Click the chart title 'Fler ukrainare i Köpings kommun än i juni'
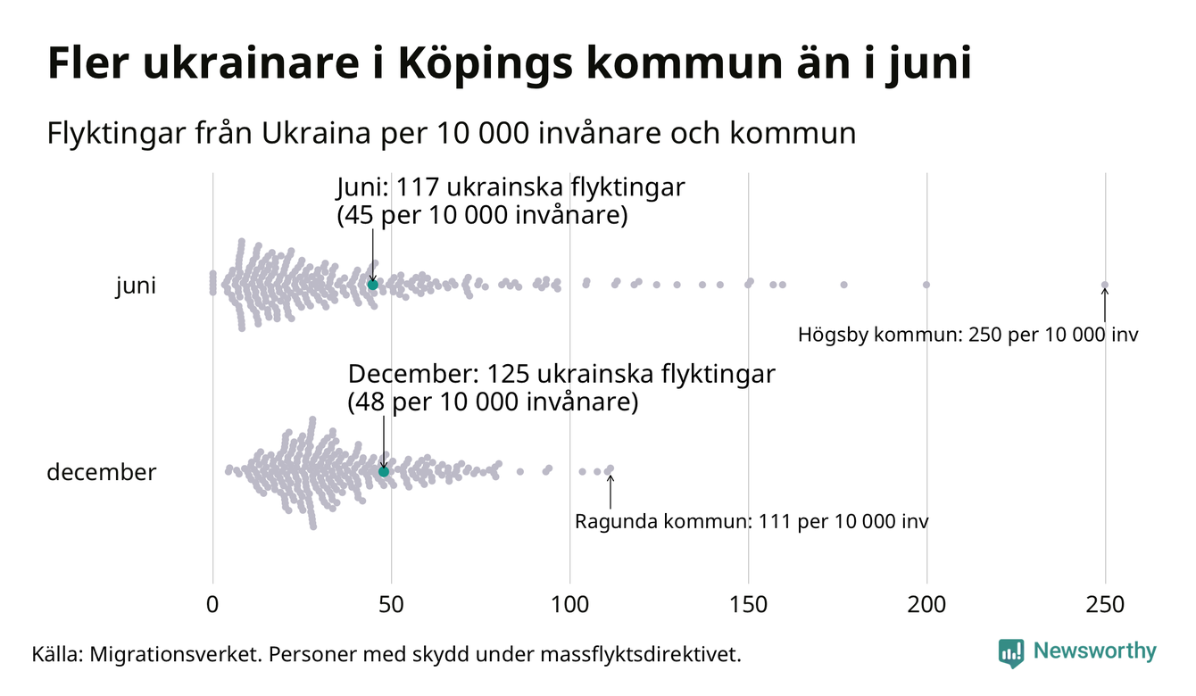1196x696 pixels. coord(509,64)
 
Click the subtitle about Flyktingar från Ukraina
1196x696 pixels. coord(451,134)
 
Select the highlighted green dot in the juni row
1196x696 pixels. coord(373,285)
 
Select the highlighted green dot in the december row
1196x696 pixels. coord(384,471)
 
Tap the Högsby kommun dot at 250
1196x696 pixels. coord(1105,286)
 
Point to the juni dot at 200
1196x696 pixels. coord(926,285)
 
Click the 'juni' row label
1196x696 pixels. coord(136,286)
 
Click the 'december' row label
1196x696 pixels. coord(101,472)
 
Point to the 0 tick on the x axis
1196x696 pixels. coord(212,604)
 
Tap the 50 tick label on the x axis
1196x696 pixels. coord(391,604)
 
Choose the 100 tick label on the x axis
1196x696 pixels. coord(569,604)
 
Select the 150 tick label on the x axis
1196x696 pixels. coord(748,604)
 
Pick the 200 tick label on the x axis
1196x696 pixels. coord(926,604)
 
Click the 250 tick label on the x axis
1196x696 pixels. coord(1105,604)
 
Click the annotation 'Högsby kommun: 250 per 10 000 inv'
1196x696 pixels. coord(968,336)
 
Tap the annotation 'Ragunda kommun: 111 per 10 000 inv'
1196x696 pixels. coord(752,521)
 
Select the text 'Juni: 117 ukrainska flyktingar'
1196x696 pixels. coord(511,189)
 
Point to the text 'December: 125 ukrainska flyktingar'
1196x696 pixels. coord(561,375)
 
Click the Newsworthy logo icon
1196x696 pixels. coord(1011,652)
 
